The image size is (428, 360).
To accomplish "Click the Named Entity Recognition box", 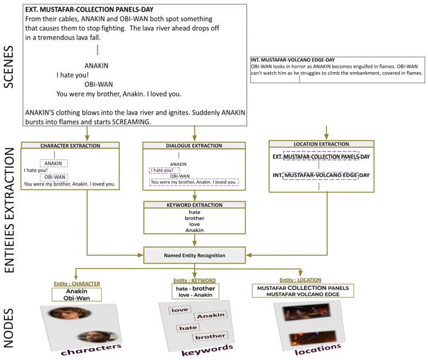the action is click(x=194, y=255).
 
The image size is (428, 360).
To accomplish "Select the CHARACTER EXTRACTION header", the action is click(x=70, y=146).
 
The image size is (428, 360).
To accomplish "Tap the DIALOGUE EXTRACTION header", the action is click(x=194, y=146).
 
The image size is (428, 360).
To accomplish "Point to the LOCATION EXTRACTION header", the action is click(x=321, y=144).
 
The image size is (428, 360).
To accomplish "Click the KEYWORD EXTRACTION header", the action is click(x=194, y=205).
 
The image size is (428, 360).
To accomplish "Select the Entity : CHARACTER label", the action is click(x=77, y=284).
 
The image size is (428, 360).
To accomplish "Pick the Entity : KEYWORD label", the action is click(x=195, y=281).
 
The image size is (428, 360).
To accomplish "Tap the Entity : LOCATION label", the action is click(x=300, y=280).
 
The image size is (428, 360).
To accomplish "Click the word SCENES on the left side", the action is click(x=9, y=67).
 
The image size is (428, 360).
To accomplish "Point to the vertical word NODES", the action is click(x=9, y=328).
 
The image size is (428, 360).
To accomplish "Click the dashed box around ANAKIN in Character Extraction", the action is click(x=54, y=163).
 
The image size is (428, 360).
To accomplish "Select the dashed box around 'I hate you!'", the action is click(x=164, y=170).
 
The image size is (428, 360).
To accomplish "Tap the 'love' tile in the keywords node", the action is click(x=180, y=310).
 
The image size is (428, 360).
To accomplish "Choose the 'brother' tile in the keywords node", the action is click(x=210, y=337).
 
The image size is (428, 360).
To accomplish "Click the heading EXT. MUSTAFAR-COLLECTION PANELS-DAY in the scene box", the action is click(x=89, y=9).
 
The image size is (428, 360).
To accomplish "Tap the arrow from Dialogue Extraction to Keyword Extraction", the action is click(x=194, y=196).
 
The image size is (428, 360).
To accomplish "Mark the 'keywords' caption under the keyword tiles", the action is click(x=207, y=350).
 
